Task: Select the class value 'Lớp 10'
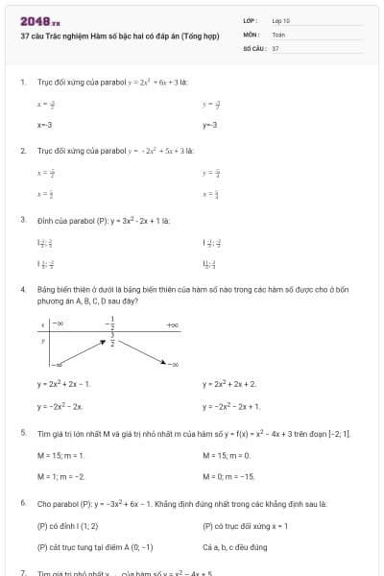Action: [281, 20]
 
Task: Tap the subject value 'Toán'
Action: [278, 34]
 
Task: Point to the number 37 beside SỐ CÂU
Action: [276, 47]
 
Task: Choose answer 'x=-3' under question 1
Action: [45, 125]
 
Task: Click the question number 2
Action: [23, 151]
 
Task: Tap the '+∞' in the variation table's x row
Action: [172, 325]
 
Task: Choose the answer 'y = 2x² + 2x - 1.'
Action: [63, 384]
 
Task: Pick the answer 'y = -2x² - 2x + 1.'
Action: [231, 406]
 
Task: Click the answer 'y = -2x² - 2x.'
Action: [60, 406]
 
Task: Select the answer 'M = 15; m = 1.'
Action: [61, 455]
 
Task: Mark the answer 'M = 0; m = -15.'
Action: [228, 476]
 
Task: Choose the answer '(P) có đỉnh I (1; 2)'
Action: [68, 526]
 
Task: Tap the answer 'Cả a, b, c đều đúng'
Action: [235, 547]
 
